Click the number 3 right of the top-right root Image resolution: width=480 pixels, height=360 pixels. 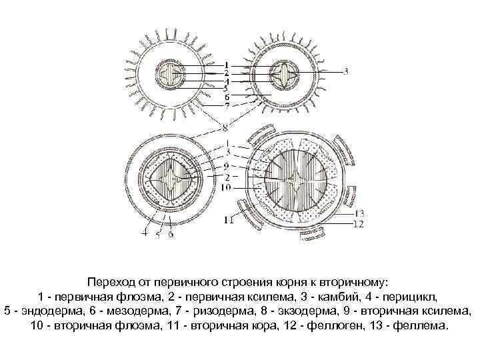pos(346,71)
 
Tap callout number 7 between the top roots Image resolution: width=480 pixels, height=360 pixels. pos(227,105)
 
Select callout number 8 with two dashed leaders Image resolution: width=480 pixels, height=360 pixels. pos(227,127)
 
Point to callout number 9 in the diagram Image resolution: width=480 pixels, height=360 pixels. pos(227,165)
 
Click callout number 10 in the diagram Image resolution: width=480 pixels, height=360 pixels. pos(227,188)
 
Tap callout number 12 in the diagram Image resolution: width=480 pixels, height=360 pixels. pos(358,224)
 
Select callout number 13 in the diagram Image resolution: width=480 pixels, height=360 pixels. pos(360,213)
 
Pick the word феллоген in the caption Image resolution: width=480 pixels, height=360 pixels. pos(343,326)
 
